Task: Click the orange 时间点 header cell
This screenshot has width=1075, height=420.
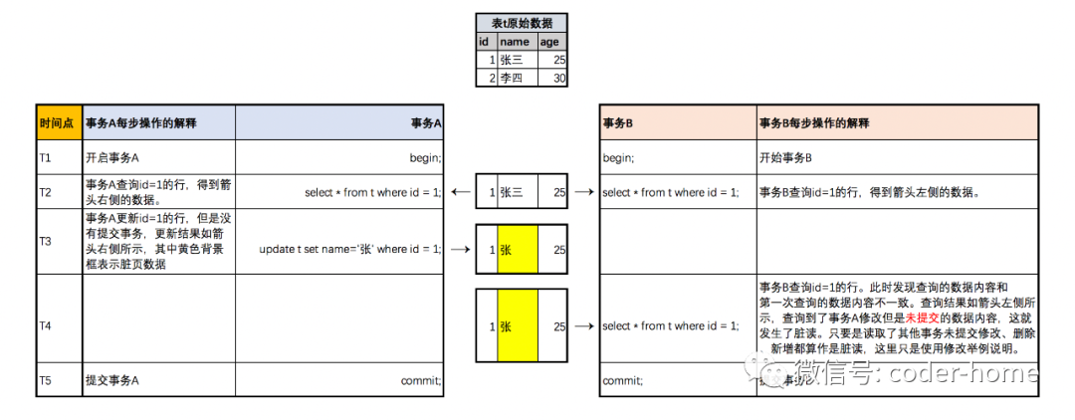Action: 59,122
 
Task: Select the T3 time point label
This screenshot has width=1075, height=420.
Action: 45,241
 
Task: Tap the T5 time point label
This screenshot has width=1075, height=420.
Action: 45,380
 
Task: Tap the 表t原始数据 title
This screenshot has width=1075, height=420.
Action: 522,23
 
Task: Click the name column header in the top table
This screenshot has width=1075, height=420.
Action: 515,42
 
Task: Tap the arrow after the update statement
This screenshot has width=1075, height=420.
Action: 460,249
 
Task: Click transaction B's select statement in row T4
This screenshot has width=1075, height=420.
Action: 670,325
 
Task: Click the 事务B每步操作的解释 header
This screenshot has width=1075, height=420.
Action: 813,123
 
